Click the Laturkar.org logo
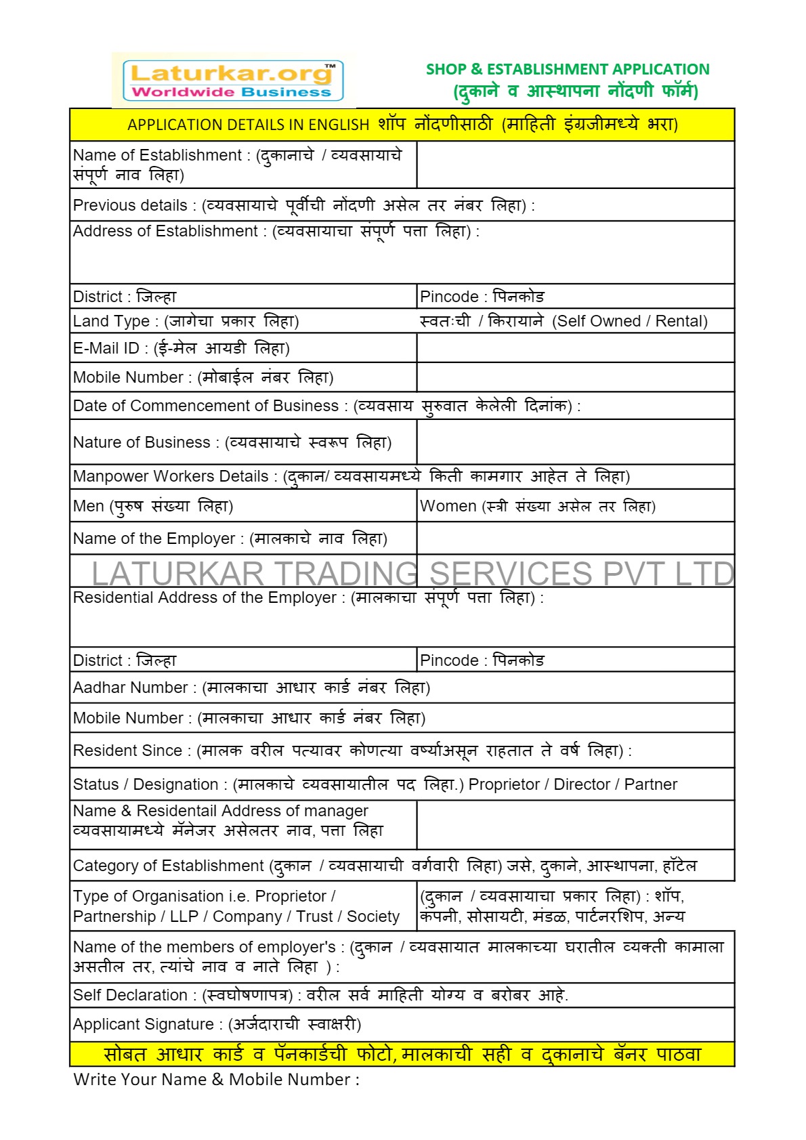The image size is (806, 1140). (x=233, y=81)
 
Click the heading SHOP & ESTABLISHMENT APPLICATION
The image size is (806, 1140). (x=568, y=69)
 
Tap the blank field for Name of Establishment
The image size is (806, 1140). (x=575, y=165)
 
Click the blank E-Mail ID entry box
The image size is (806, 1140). (x=575, y=348)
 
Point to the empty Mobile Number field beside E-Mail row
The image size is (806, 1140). (x=575, y=377)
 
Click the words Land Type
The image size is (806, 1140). (x=111, y=321)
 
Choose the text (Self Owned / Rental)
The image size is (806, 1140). (x=630, y=321)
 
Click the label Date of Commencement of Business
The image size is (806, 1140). (x=206, y=406)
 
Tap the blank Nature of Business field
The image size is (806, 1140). (x=575, y=442)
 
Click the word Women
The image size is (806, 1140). (x=448, y=506)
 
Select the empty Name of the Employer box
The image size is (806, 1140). (x=575, y=539)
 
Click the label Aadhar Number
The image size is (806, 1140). (x=130, y=688)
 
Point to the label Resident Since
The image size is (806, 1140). (x=127, y=751)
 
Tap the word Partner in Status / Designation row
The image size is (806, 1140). (x=650, y=784)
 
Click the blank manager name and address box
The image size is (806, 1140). (x=575, y=824)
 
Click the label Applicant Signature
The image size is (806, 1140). (x=143, y=1024)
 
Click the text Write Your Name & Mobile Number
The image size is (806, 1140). (x=215, y=1080)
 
